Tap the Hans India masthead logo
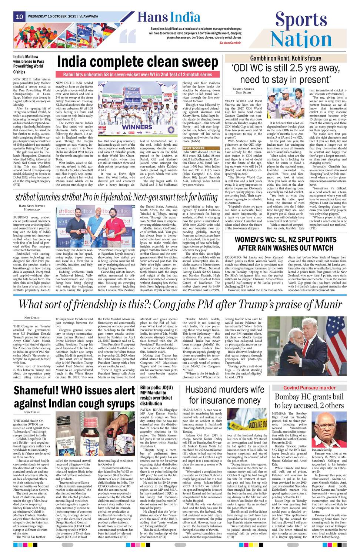point(169,17)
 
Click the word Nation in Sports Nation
point(301,39)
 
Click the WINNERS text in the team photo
point(137,127)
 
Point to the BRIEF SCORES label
point(194,148)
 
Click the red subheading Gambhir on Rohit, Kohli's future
point(285,58)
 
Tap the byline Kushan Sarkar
point(243,89)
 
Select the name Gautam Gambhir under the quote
point(230,43)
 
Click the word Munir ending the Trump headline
point(326,304)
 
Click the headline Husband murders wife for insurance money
point(224,395)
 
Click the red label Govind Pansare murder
point(309,388)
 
